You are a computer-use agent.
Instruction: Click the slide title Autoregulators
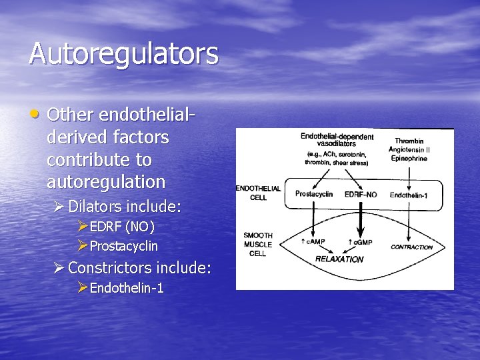click(x=123, y=53)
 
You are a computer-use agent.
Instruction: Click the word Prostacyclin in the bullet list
click(x=124, y=246)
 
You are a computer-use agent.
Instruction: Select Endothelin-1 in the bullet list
click(x=127, y=288)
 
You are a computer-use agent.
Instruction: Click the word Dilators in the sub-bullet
click(x=95, y=206)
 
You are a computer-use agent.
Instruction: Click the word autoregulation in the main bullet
click(x=106, y=181)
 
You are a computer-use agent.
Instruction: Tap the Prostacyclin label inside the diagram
click(x=314, y=194)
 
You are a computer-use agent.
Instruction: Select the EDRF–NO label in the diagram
click(x=361, y=195)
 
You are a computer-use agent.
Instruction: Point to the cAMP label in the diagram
click(x=314, y=241)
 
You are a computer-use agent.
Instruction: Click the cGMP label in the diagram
click(x=361, y=241)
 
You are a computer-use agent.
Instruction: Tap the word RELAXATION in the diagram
click(x=339, y=258)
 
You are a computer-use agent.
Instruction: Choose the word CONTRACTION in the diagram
click(x=411, y=247)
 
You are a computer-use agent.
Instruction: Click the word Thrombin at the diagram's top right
click(x=409, y=141)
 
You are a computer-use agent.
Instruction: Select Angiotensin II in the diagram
click(x=409, y=150)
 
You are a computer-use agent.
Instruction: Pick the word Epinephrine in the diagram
click(x=409, y=159)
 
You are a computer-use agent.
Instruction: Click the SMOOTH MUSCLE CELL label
click(x=257, y=244)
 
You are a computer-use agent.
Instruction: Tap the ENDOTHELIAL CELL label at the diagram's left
click(x=259, y=193)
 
